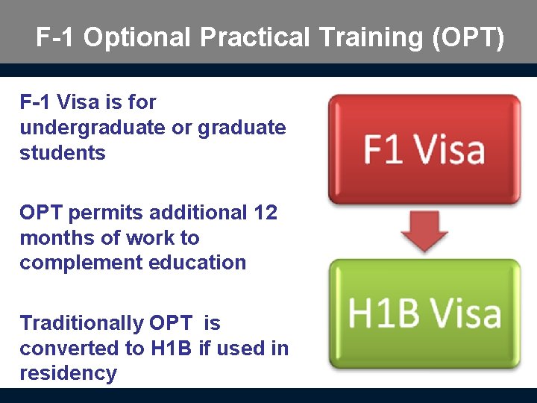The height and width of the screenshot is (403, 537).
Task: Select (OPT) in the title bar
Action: pos(468,37)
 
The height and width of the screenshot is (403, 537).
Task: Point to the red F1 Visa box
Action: pos(424,149)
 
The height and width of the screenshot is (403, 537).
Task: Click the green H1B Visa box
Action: pos(424,313)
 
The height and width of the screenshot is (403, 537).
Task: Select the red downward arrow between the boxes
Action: pos(424,231)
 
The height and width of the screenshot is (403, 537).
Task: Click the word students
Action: pos(63,153)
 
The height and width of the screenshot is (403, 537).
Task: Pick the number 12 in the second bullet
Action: pos(265,213)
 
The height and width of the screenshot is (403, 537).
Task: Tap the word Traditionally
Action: pos(82,324)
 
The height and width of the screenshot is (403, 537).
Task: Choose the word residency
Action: pos(68,373)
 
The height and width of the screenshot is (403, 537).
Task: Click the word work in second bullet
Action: pos(153,238)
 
